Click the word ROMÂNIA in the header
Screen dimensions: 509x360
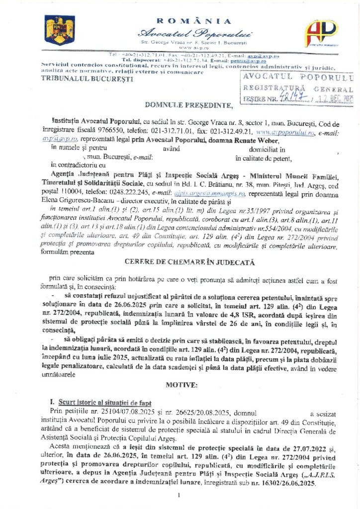point(193,21)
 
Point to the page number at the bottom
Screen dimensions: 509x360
point(178,496)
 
